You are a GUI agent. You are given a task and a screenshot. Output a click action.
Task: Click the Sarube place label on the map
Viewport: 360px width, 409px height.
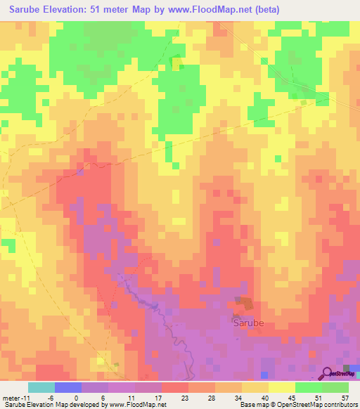(x=249, y=324)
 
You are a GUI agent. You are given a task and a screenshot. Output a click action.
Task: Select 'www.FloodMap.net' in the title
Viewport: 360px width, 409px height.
(x=223, y=10)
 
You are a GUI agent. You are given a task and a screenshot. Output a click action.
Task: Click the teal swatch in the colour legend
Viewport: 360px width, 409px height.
(x=41, y=387)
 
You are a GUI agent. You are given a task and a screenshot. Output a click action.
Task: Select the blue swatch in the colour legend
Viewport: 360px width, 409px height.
(x=68, y=387)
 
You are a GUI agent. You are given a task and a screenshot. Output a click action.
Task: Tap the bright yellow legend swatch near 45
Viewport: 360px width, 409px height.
(x=282, y=387)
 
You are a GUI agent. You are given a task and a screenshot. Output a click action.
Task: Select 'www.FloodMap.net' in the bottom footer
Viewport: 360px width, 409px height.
(x=136, y=405)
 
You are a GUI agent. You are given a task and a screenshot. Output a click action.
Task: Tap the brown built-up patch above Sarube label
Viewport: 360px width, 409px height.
(x=245, y=303)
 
